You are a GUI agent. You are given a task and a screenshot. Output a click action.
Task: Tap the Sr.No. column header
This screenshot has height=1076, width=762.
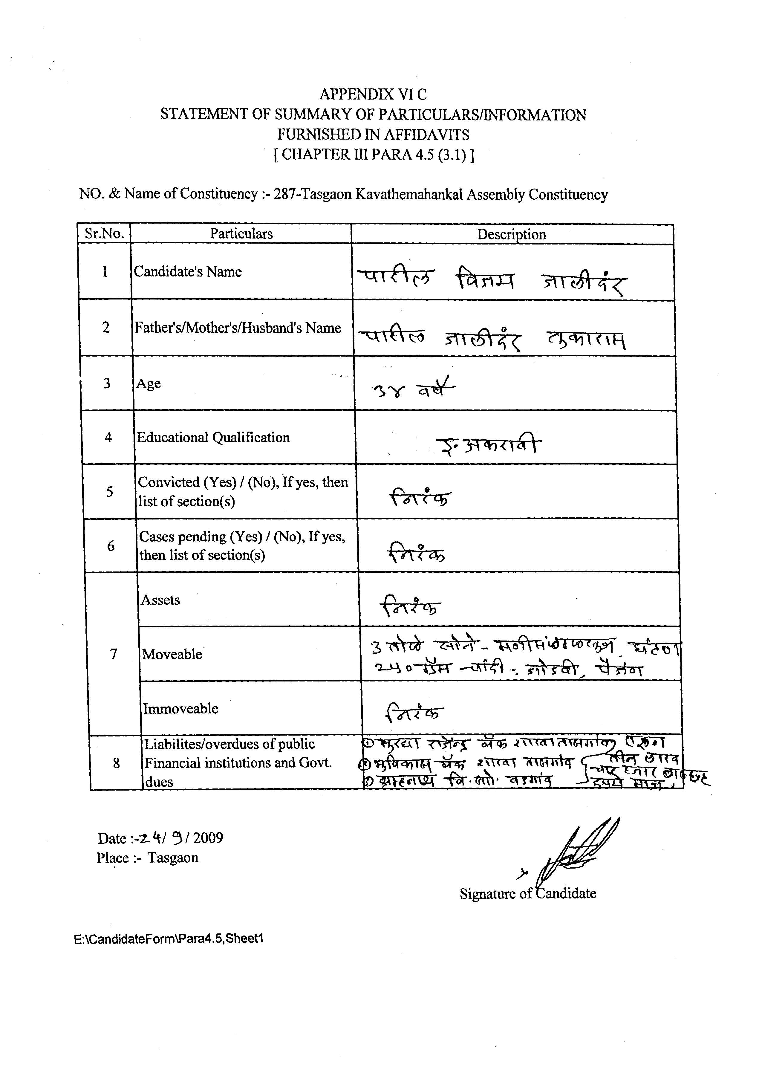104,234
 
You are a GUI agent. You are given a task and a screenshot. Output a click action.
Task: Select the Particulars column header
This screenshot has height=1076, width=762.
241,234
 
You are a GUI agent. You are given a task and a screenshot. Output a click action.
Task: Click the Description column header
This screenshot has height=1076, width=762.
512,235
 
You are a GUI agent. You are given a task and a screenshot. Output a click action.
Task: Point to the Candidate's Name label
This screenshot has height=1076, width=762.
188,272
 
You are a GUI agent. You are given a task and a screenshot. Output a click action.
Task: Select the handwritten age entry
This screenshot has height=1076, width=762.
413,388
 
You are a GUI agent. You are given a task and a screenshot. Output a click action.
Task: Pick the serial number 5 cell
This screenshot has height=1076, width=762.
109,492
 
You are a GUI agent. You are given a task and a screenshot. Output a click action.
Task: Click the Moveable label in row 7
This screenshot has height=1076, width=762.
172,655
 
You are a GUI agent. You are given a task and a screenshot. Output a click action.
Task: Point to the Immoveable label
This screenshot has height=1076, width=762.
181,709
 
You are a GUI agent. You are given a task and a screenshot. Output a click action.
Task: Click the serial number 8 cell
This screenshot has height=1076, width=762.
116,763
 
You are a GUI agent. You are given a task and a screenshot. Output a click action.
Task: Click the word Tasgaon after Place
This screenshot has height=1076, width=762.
173,858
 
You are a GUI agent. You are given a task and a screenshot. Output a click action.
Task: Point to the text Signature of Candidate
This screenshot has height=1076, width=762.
528,893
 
